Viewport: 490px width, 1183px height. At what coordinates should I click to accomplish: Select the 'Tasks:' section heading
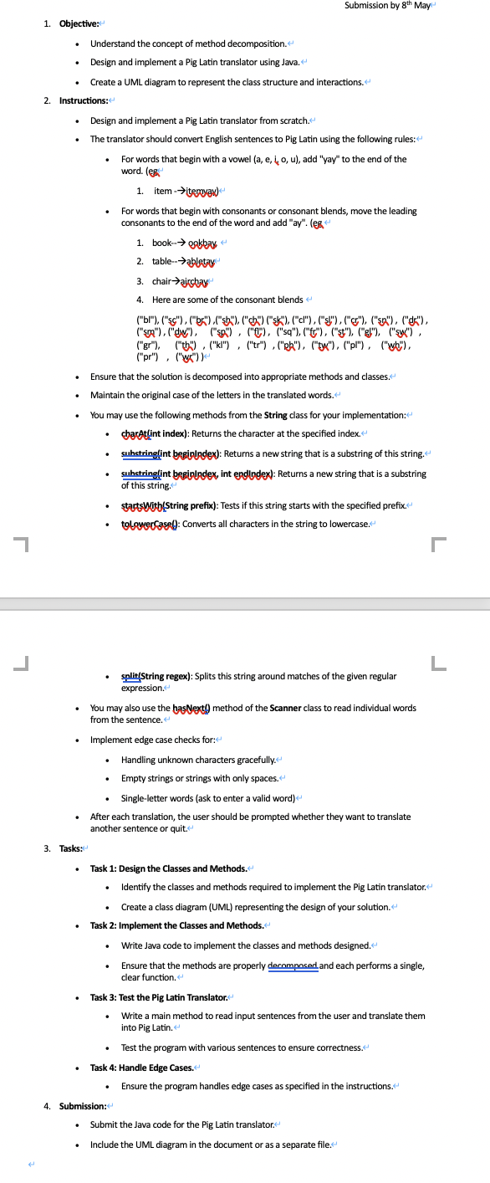click(x=70, y=848)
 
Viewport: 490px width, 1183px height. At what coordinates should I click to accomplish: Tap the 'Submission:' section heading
click(x=82, y=1106)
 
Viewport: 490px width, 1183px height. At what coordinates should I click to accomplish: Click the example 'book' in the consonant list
click(x=162, y=243)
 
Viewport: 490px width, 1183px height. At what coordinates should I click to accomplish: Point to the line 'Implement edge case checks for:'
click(x=153, y=740)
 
